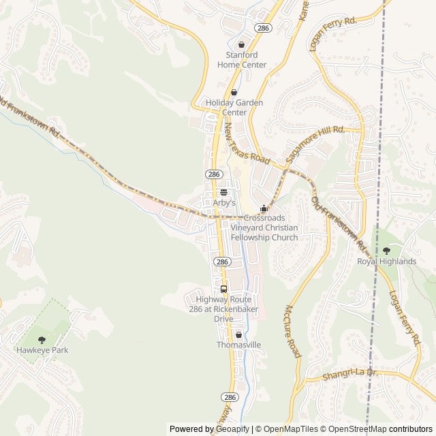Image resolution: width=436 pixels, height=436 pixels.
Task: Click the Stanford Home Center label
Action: click(x=242, y=60)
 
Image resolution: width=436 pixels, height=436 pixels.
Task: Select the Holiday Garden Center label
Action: click(x=234, y=108)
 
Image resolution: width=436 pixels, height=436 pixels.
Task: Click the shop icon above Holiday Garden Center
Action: click(x=234, y=93)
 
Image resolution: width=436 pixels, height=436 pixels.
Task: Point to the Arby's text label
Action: click(x=223, y=203)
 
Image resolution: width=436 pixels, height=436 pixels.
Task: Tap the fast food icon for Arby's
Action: click(x=223, y=192)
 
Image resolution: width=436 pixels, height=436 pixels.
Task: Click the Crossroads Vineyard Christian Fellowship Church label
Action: click(x=264, y=228)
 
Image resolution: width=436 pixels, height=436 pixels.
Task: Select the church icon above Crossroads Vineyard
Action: click(x=264, y=208)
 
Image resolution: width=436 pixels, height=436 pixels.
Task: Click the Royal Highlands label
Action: click(x=387, y=262)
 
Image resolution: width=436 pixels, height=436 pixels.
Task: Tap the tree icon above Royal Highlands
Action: click(x=387, y=251)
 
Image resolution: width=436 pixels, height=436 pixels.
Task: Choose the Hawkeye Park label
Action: click(x=42, y=350)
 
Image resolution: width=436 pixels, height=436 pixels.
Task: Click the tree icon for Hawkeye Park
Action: click(x=42, y=339)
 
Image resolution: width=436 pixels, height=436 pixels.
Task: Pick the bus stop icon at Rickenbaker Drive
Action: click(x=223, y=289)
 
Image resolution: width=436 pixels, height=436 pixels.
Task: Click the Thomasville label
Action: click(x=238, y=345)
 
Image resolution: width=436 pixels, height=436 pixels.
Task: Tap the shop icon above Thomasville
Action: click(x=238, y=334)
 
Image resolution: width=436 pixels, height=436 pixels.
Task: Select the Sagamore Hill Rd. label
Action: click(x=315, y=143)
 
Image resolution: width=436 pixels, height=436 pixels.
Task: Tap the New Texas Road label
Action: click(x=247, y=142)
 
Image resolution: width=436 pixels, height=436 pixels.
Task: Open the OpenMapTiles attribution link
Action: click(x=285, y=429)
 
